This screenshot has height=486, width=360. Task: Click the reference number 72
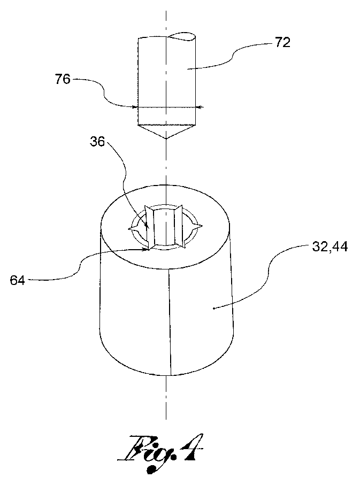point(282,43)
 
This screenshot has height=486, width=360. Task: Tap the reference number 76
point(63,80)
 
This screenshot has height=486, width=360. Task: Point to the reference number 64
point(17,281)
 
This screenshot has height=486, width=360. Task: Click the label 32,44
point(330,247)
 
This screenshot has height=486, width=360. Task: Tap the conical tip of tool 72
point(166,132)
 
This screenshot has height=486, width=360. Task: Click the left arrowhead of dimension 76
point(135,107)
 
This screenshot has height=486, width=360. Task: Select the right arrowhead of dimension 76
point(200,107)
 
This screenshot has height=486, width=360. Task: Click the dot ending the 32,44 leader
point(214,308)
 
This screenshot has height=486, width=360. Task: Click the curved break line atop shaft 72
point(182,36)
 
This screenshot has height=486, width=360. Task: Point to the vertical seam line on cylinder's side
point(170,322)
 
